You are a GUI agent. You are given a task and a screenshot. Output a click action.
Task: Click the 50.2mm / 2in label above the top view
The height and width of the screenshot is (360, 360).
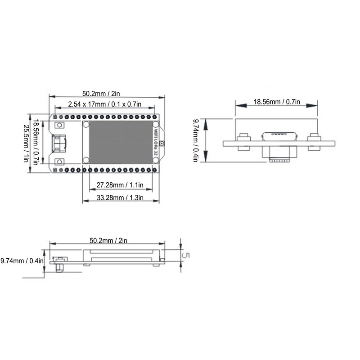[101, 94]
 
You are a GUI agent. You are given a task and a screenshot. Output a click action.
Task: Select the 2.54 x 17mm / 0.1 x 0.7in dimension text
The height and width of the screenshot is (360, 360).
[104, 104]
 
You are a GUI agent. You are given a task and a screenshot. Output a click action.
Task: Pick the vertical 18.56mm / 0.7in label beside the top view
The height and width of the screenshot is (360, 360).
[36, 142]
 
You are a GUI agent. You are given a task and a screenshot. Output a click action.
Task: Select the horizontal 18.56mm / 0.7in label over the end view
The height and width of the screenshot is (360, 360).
[277, 102]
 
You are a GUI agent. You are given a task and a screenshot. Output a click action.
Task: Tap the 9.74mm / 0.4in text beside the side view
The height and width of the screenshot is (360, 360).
[22, 261]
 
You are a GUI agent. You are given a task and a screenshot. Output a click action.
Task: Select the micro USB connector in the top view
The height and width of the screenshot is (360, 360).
[58, 143]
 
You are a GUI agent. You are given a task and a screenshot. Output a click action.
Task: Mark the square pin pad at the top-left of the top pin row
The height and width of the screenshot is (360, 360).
[55, 117]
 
